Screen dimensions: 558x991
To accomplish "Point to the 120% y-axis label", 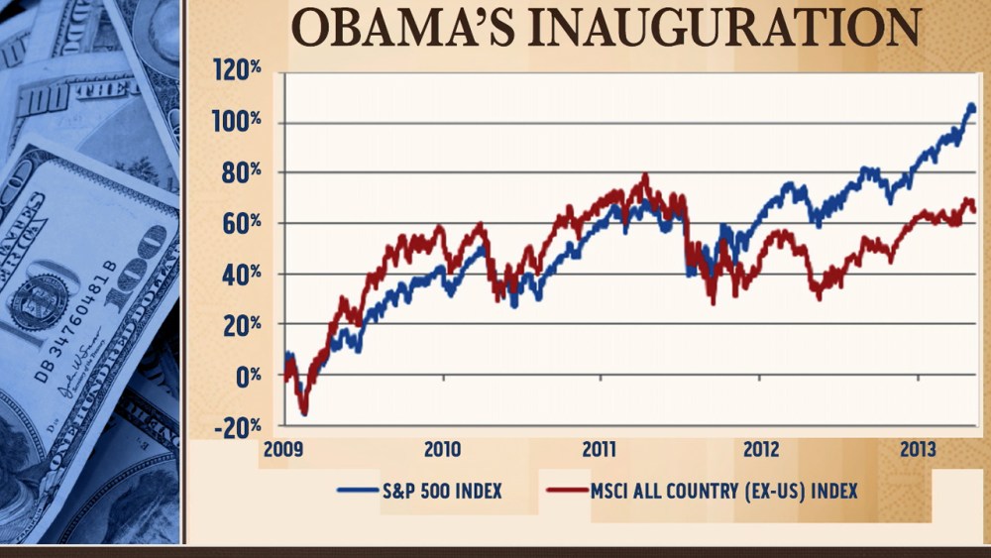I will tap(236, 71).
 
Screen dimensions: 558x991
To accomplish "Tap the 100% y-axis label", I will tap(236, 122).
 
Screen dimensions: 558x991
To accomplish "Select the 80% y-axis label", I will tap(241, 172).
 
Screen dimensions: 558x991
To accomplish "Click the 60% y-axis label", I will tap(241, 223).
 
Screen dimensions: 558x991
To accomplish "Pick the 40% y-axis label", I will tap(241, 275).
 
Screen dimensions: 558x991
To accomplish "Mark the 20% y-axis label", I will tap(241, 325).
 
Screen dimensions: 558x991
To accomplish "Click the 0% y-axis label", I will tap(247, 376).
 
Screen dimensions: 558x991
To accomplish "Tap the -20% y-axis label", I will tap(238, 426).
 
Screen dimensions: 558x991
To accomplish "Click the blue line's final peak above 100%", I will tap(970, 105).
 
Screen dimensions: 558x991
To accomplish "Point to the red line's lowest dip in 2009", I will tap(304, 412).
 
